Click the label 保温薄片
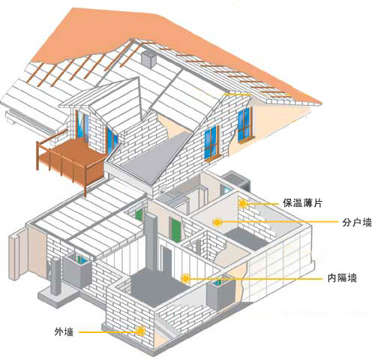point(302,202)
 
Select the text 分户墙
point(357,222)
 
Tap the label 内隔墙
point(342,277)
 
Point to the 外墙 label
point(64,332)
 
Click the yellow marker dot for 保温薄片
point(243,203)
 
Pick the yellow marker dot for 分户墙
point(217,222)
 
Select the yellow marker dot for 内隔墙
point(185,278)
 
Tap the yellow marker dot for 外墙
point(140,331)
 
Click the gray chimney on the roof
point(149,59)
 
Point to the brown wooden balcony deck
point(73,160)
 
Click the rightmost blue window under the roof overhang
point(244,124)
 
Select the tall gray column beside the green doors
point(151,242)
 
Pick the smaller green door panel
point(139,215)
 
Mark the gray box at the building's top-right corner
point(237,180)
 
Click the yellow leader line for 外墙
point(107,332)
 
